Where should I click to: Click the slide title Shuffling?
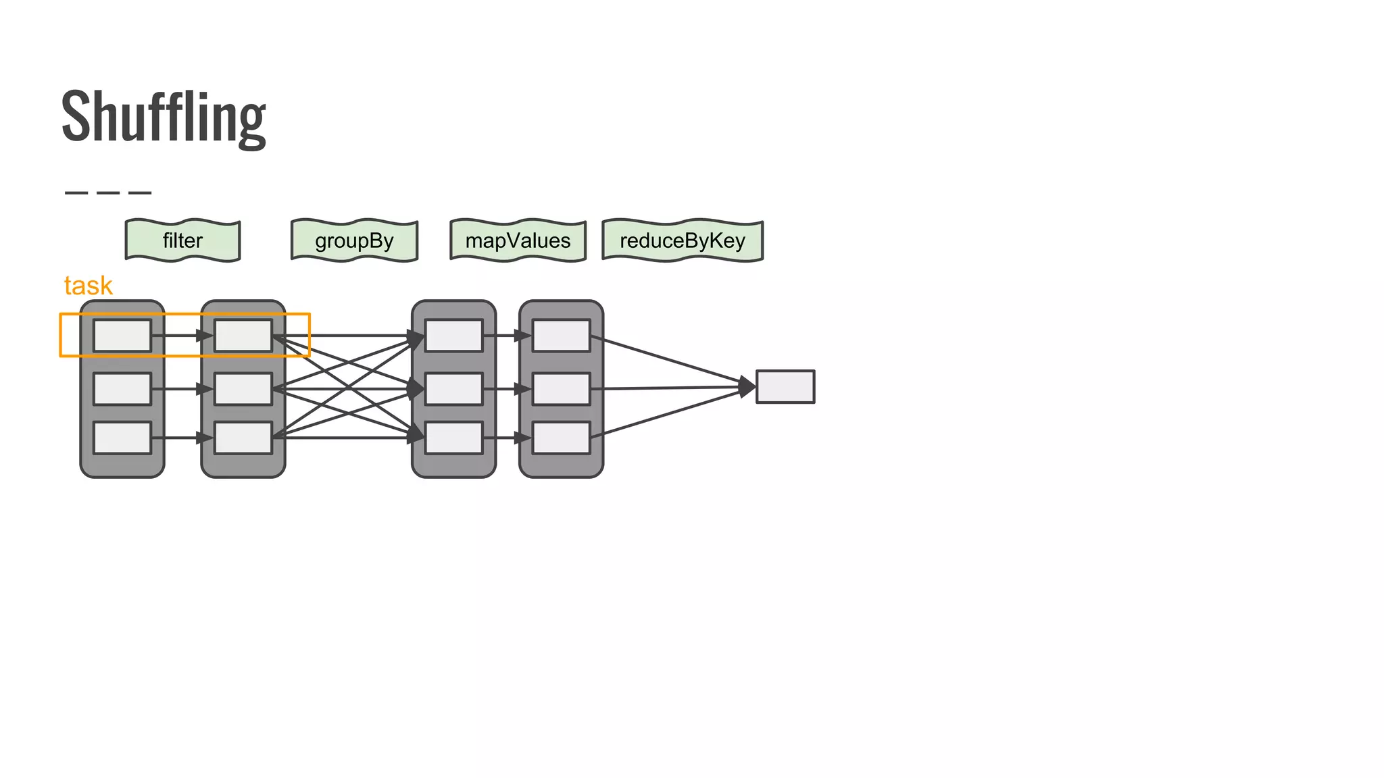pos(164,116)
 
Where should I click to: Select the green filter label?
pos(182,240)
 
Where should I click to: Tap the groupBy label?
pos(354,240)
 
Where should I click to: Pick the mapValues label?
pos(518,240)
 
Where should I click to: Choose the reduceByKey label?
pos(683,240)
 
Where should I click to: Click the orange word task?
pos(88,286)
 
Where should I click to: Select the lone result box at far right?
pos(785,387)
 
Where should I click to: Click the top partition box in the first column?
pos(122,336)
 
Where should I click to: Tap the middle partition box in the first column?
pos(122,389)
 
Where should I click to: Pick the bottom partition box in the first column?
pos(122,438)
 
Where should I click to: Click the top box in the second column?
pos(243,336)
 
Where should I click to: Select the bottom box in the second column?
pos(243,438)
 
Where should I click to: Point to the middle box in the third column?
pos(454,389)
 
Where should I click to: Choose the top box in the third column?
pos(454,336)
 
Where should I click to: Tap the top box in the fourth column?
pos(561,336)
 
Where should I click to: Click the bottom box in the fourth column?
pos(561,438)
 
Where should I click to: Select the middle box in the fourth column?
pos(561,389)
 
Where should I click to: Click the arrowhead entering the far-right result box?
pos(747,387)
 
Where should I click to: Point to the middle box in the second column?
pos(243,389)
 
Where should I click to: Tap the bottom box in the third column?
pos(454,438)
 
